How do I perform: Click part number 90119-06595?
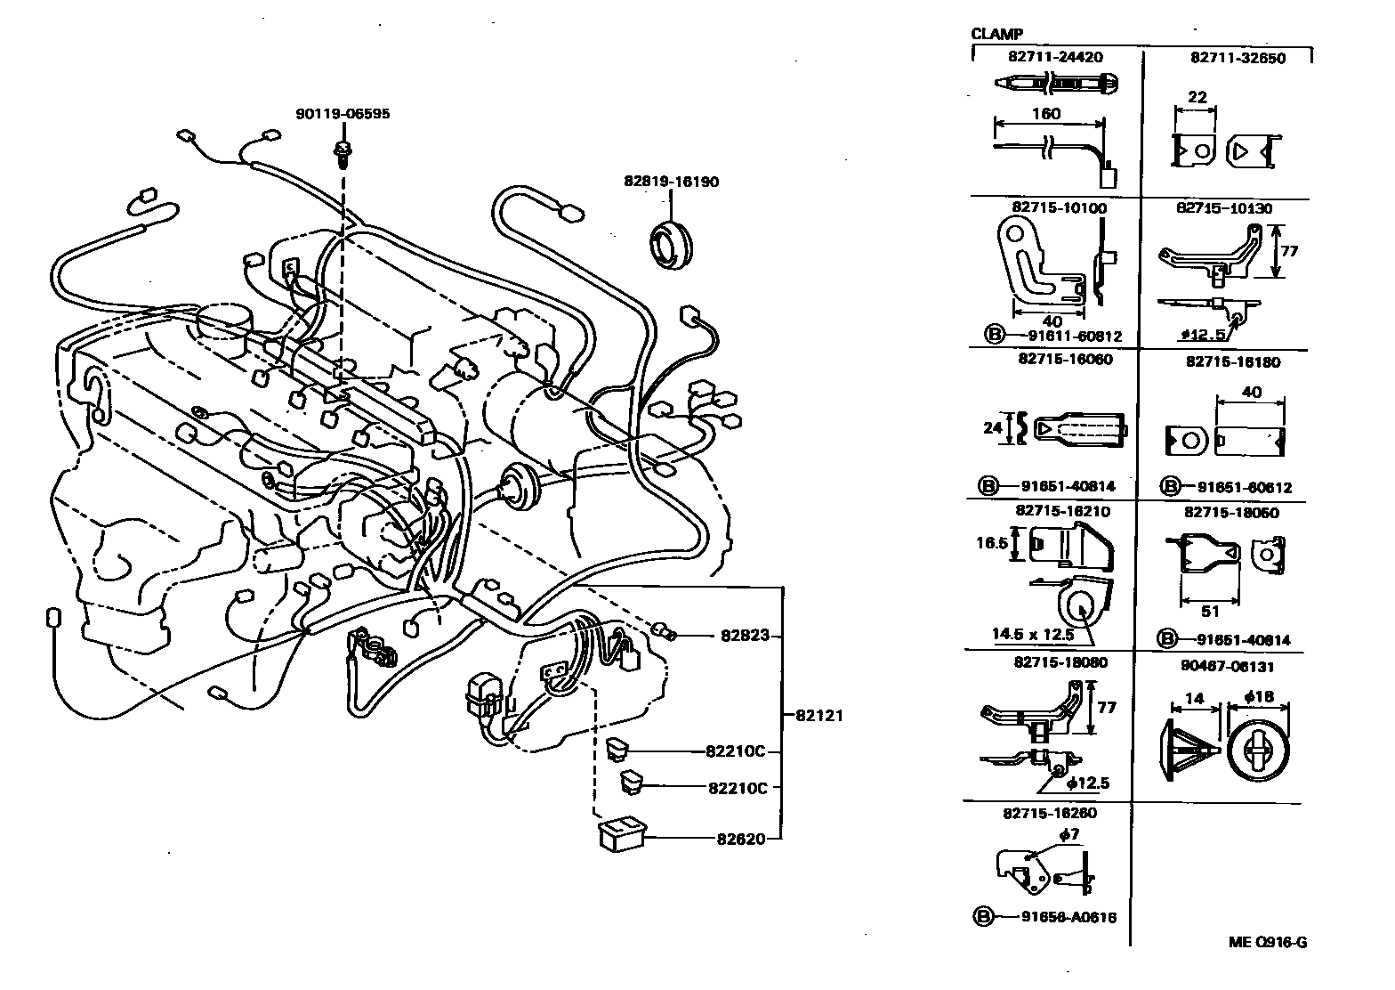click(343, 114)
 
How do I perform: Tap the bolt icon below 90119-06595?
click(342, 153)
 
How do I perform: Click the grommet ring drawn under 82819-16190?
click(671, 244)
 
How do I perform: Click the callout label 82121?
click(818, 715)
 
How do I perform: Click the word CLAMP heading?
click(996, 35)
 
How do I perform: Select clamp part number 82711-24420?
click(1055, 57)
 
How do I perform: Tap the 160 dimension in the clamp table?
click(1046, 114)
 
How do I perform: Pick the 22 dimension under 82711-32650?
click(1197, 97)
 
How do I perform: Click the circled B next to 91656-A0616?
click(982, 917)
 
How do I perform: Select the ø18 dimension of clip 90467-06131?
click(1258, 697)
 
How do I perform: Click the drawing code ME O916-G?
click(1268, 943)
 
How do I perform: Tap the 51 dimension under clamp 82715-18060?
click(1210, 612)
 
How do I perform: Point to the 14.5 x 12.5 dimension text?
click(1033, 635)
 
